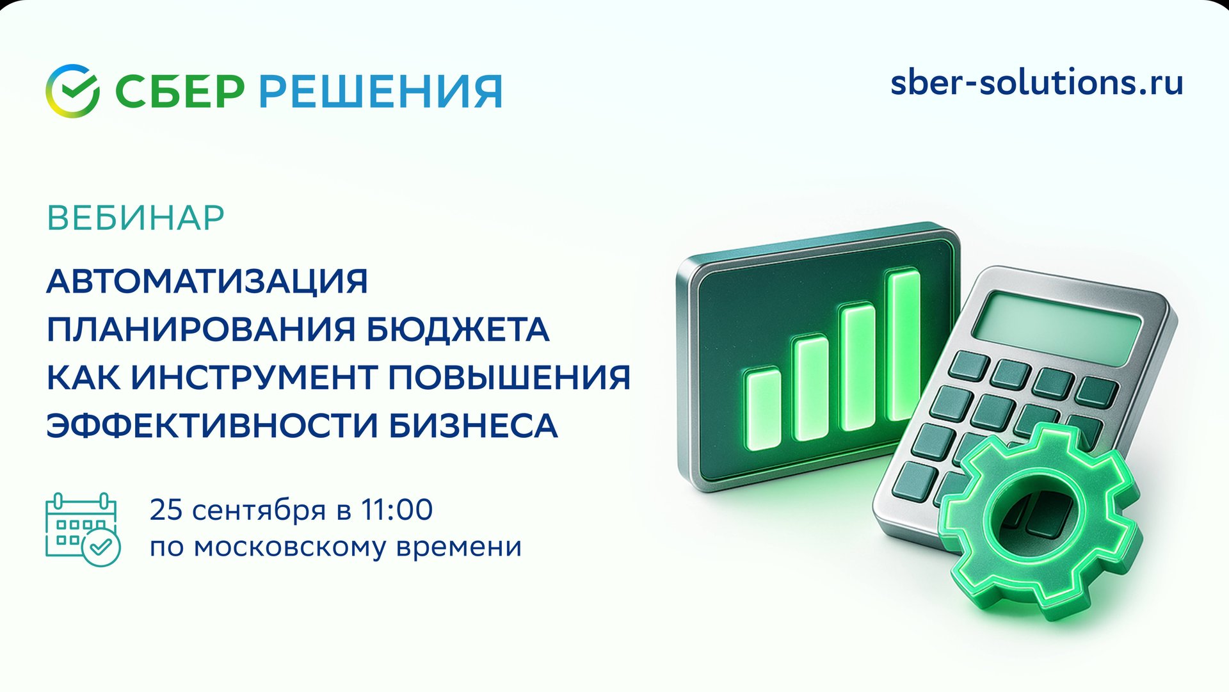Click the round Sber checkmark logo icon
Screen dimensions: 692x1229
pyautogui.click(x=72, y=91)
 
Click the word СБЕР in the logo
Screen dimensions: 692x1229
pyautogui.click(x=180, y=92)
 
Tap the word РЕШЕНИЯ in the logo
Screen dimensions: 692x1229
pyautogui.click(x=380, y=92)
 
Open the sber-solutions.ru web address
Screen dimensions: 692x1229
pyautogui.click(x=1036, y=83)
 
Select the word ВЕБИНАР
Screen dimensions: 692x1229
pyautogui.click(x=136, y=218)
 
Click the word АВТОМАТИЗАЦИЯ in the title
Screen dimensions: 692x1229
pyautogui.click(x=207, y=282)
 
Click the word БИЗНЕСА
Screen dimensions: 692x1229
pyautogui.click(x=473, y=426)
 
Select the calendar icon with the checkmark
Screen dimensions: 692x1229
pyautogui.click(x=83, y=529)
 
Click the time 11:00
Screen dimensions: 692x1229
pyautogui.click(x=397, y=510)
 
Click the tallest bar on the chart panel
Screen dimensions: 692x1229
pyautogui.click(x=903, y=346)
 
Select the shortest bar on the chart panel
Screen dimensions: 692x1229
pyautogui.click(x=764, y=410)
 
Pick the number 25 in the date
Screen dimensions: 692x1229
pyautogui.click(x=166, y=510)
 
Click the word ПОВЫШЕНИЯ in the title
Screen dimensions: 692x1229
pyautogui.click(x=510, y=378)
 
